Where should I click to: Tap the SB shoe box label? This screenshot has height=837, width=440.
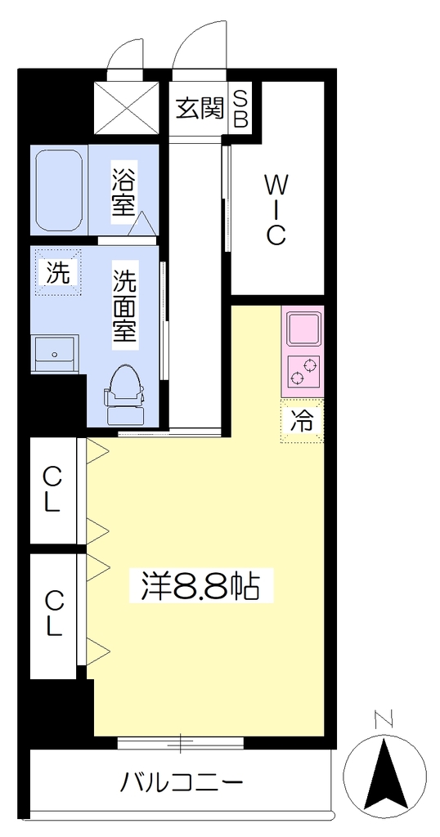240,109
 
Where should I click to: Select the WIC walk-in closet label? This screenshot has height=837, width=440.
275,210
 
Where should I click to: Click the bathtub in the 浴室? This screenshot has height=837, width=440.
59,190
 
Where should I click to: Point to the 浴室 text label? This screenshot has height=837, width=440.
123,191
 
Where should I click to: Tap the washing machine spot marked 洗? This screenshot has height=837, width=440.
57,273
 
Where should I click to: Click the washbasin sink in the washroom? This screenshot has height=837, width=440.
55,353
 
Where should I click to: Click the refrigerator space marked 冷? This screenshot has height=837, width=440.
303,421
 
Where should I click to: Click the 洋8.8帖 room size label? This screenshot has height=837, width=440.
200,587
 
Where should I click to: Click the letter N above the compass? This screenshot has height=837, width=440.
384,719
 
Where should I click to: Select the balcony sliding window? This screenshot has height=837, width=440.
181,743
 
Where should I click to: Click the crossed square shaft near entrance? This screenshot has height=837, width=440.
126,109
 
